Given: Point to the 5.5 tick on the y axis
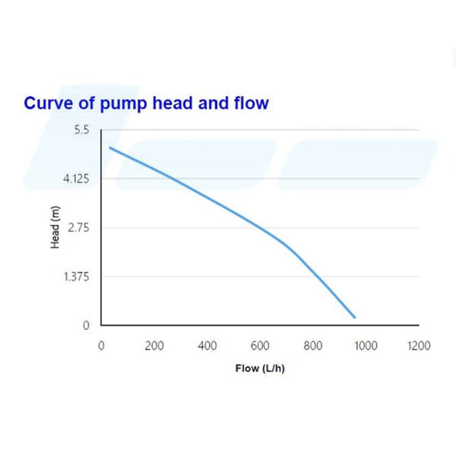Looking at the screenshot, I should (x=81, y=131).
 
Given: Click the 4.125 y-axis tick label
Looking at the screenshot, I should (x=76, y=179).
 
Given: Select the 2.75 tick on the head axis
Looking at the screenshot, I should (x=79, y=228).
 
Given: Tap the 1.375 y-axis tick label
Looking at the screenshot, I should (x=76, y=277).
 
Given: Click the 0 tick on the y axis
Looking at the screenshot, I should (x=86, y=325).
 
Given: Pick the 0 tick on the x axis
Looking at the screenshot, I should (x=102, y=346).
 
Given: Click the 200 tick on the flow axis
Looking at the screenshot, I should (x=154, y=346).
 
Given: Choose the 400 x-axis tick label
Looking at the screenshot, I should (x=207, y=346).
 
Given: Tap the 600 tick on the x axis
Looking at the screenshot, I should (x=260, y=346).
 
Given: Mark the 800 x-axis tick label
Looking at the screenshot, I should (x=312, y=346).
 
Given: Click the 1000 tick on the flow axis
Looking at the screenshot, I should (x=366, y=346).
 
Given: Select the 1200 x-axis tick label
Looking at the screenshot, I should (x=419, y=346).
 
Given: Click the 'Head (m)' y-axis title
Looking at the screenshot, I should (x=55, y=228).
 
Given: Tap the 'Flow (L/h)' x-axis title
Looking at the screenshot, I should (x=260, y=369).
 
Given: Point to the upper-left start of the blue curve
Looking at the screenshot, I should (x=110, y=147).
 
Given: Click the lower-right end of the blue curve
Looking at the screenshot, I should (x=354, y=317).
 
